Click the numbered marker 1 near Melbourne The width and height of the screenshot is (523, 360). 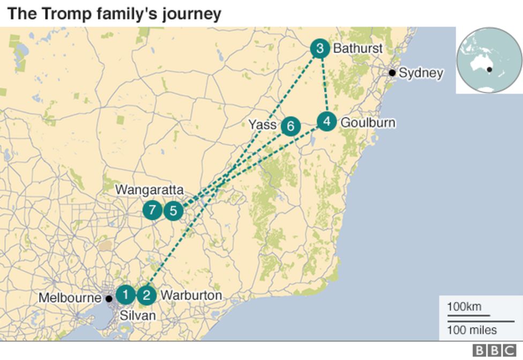[126, 295]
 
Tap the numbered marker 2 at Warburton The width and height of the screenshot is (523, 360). [146, 295]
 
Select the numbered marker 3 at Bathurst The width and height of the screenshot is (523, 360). [320, 49]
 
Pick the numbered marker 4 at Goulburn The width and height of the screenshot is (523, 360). [327, 122]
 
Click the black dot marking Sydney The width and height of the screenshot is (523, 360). [392, 73]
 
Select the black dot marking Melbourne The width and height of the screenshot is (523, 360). [109, 298]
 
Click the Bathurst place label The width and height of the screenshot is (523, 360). [357, 49]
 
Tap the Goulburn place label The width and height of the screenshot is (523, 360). [368, 123]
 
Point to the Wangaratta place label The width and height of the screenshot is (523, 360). [150, 190]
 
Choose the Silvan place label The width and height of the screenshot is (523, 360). [138, 316]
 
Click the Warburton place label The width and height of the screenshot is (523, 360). [191, 295]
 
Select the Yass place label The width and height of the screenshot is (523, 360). [262, 125]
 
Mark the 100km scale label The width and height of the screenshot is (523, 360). [464, 307]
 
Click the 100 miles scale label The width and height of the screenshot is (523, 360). [472, 330]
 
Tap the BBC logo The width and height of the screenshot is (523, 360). [495, 350]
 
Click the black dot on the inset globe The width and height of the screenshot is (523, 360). [489, 69]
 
